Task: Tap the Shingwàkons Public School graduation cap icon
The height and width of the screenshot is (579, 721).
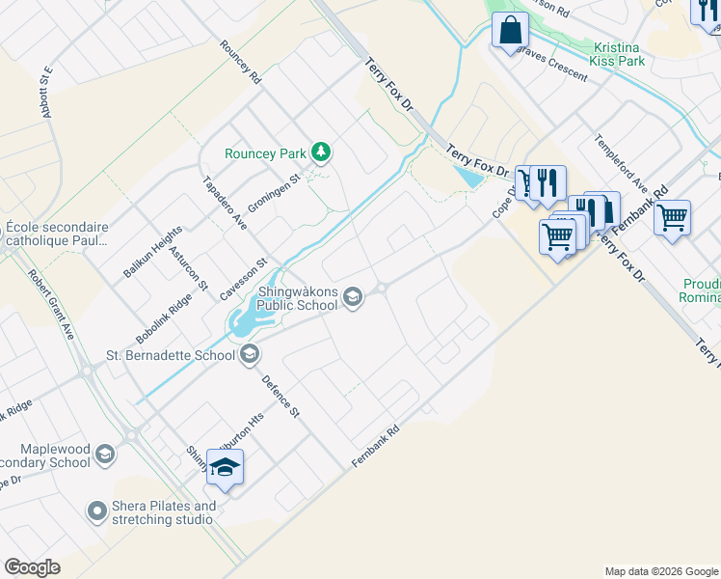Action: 353,296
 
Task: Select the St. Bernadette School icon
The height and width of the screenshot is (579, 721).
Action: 250,355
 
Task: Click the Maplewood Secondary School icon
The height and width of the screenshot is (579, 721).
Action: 104,454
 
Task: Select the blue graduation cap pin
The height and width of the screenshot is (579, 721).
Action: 225,468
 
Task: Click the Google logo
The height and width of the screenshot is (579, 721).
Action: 33,566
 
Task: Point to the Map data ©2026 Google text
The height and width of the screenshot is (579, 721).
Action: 661,571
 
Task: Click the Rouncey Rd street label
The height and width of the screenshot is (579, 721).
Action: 241,60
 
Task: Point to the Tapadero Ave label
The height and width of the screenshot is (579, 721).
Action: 225,203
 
